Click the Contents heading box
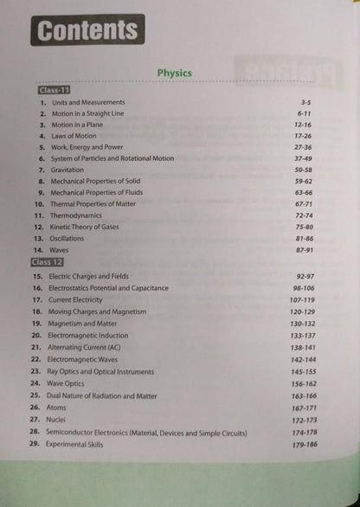(x=87, y=31)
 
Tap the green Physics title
(x=175, y=73)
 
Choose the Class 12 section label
(x=52, y=261)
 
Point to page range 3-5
(x=318, y=102)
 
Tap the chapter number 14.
(x=39, y=248)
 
